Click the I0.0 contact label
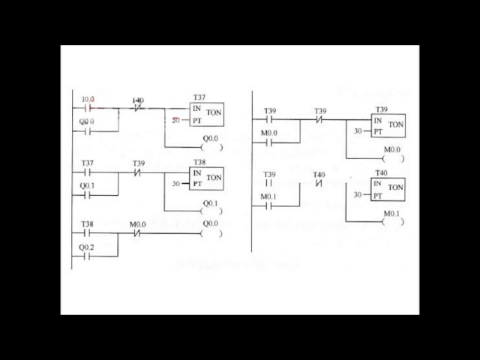click(x=88, y=99)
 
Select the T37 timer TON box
click(x=206, y=113)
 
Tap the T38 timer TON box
click(x=206, y=178)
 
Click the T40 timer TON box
click(x=388, y=189)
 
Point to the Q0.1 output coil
click(x=211, y=211)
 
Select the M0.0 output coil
click(x=392, y=158)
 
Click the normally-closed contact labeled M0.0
click(x=137, y=233)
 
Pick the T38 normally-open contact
click(x=87, y=233)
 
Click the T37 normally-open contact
click(x=87, y=172)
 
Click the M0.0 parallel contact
click(x=269, y=142)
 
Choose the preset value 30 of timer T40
click(x=358, y=195)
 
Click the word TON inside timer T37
click(x=214, y=113)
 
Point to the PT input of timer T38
click(x=197, y=184)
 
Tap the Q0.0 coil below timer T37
click(x=211, y=147)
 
